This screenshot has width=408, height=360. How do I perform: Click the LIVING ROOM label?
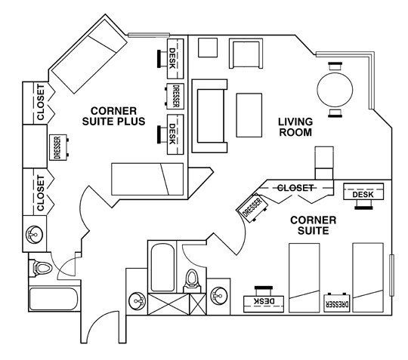tap(295, 128)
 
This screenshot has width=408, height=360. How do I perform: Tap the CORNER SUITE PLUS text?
tap(113, 115)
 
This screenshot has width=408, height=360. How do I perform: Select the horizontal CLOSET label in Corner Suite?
tap(295, 187)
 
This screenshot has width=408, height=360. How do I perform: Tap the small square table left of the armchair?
tap(207, 48)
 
